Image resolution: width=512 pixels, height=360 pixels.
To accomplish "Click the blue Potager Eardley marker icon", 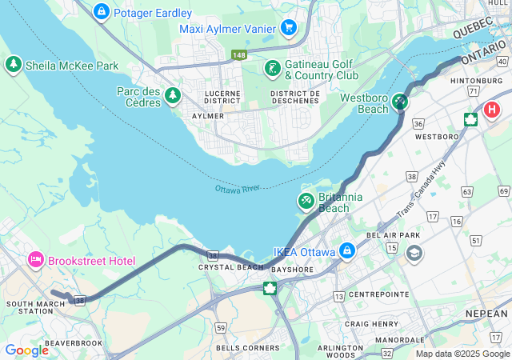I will (102, 12).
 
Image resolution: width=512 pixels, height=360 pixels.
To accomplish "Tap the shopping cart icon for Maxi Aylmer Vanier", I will (289, 28).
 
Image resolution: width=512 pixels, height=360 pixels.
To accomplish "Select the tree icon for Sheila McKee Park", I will (13, 65).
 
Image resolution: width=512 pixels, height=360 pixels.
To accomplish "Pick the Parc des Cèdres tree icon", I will (172, 96).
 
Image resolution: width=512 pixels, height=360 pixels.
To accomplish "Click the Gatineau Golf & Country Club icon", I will (273, 68).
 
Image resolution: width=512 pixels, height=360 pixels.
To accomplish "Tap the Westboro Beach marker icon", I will (399, 102).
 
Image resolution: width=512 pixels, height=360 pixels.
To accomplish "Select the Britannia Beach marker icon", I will (306, 199).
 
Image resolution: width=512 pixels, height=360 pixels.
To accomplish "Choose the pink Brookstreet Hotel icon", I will (35, 260).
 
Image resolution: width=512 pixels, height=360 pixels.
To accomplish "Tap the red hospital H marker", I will (490, 110).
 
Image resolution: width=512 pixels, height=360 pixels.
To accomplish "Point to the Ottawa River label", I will (238, 189).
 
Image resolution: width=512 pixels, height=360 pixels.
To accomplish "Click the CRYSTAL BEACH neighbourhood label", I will (220, 267).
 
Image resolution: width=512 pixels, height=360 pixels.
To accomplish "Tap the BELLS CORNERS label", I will (247, 348).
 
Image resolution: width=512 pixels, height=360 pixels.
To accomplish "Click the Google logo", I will (26, 350).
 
